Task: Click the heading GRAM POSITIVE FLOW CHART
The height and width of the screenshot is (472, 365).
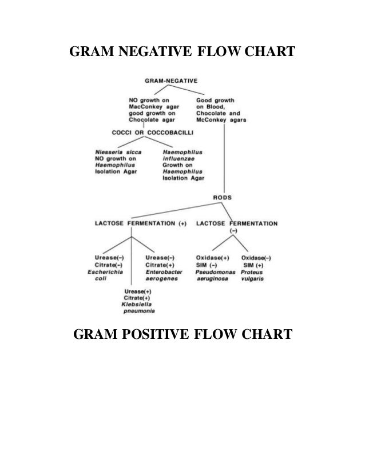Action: (x=182, y=332)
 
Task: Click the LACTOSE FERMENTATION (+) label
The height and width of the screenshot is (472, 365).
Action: (x=141, y=223)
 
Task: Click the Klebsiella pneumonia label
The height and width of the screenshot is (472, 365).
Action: (x=140, y=308)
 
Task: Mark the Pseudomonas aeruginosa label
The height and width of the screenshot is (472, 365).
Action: (x=215, y=275)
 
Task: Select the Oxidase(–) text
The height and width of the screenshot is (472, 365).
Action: (x=257, y=258)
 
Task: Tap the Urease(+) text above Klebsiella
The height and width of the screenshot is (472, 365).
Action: (x=138, y=291)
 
